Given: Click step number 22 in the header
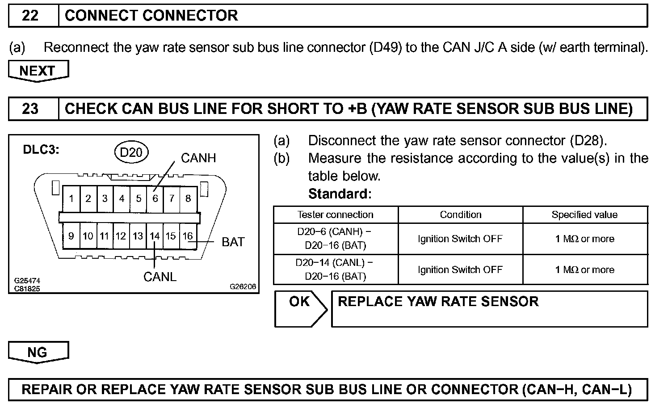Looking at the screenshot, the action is [30, 16].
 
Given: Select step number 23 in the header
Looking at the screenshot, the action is [30, 109].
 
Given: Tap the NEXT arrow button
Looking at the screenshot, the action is [38, 71].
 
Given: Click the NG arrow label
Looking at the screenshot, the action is [38, 352].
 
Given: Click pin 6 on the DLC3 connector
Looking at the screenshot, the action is [155, 198].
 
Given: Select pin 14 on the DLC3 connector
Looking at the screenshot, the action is [155, 236].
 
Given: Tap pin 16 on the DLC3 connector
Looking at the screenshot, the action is [188, 236].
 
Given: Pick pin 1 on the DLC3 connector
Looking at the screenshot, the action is [71, 198].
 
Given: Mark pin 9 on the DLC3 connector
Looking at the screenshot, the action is [71, 236].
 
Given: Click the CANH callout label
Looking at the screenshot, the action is [198, 158].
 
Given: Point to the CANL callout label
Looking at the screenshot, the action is [160, 277].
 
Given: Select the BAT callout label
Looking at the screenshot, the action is [233, 242].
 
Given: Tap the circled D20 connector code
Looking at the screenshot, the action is [131, 152].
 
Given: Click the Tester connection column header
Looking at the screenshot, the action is [336, 214].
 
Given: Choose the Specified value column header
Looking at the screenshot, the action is [584, 214].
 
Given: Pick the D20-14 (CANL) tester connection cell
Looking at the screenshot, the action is [336, 269].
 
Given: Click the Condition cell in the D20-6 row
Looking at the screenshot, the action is [460, 239].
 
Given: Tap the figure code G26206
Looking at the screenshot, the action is [243, 286].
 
